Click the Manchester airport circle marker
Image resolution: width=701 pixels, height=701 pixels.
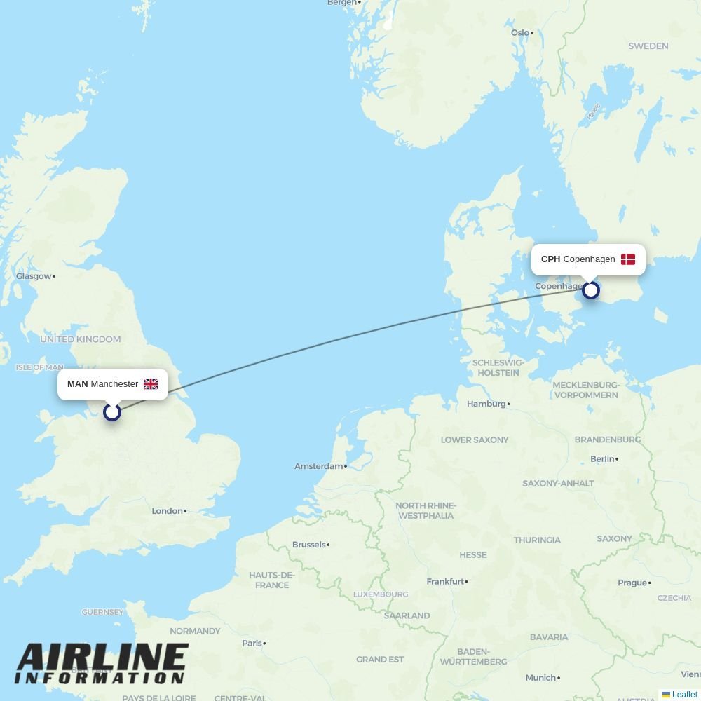pos(112,412)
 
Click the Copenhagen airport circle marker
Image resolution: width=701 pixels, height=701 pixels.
pos(591,290)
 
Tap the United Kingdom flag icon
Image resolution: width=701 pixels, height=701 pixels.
pos(151,384)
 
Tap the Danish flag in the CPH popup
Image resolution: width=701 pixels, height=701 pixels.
pos(628,259)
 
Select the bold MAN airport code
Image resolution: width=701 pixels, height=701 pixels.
pos(77,384)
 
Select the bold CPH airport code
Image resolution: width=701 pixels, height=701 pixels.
pos(550,259)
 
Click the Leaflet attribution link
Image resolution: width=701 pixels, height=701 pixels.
pos(684,695)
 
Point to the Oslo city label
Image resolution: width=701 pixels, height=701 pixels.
pos(520,32)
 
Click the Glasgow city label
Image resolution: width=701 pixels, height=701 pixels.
pos(34,276)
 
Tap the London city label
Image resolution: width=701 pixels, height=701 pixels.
pos(168,511)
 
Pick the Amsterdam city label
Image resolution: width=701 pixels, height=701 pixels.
pos(318,466)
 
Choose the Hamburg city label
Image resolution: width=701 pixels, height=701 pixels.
pos(486,404)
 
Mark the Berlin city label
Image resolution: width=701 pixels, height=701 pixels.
pos(602,459)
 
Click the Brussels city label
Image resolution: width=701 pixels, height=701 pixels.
pos(308,545)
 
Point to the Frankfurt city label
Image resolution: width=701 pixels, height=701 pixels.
pos(445,582)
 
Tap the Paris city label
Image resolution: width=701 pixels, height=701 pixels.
pos(252,643)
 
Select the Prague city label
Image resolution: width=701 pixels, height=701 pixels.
pos(632,583)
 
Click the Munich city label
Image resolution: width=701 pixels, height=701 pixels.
pos(540,678)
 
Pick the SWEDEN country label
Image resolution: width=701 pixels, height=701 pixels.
pos(648,46)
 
